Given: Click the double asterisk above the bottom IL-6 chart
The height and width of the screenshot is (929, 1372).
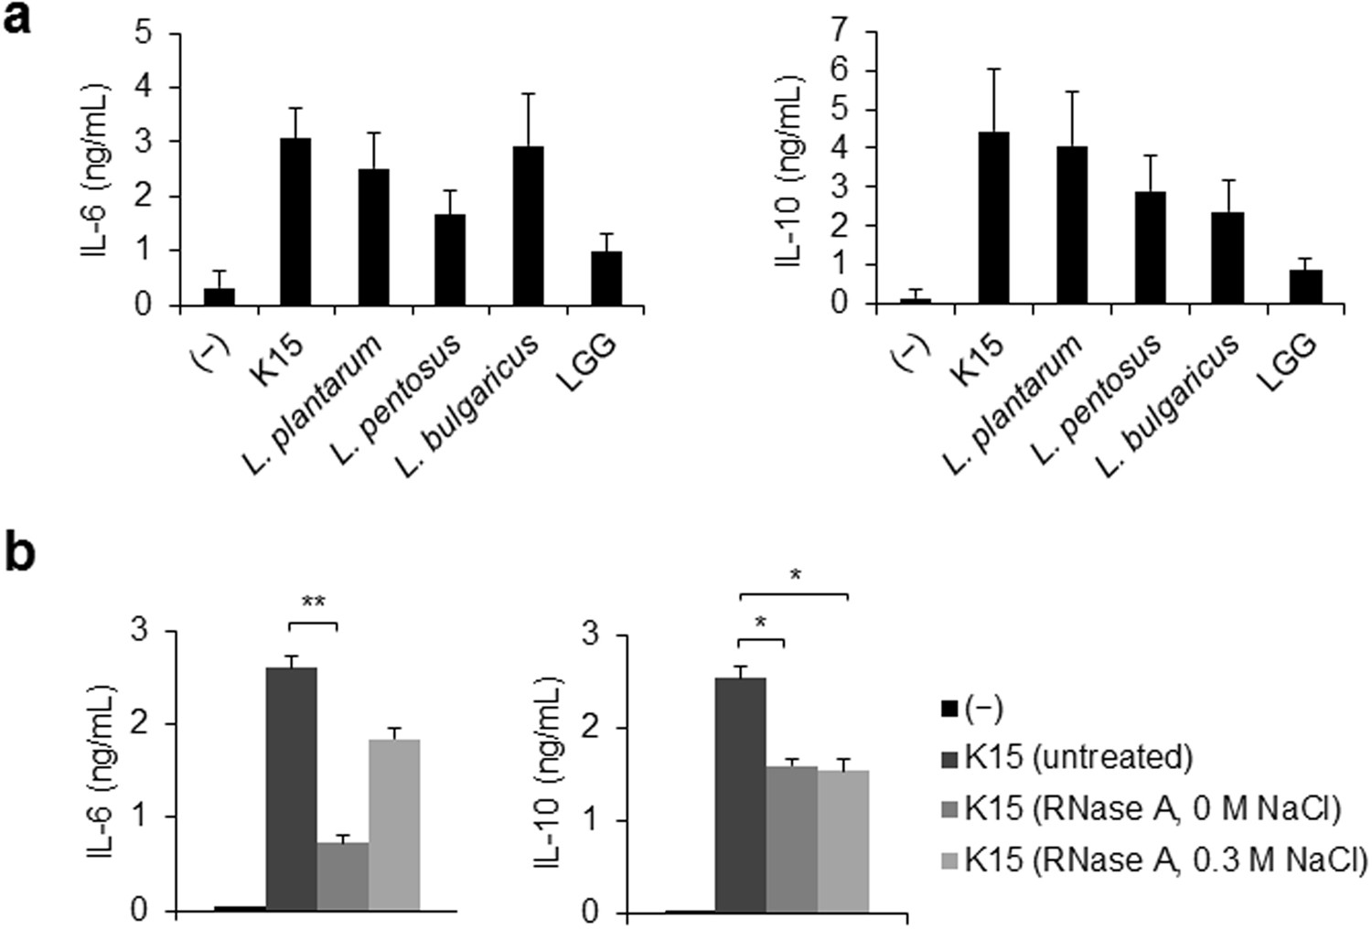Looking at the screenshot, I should [313, 602].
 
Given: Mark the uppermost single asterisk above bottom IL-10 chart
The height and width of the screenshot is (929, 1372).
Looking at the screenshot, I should [794, 575].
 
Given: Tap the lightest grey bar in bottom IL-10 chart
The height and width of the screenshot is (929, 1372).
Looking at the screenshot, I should [842, 841].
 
